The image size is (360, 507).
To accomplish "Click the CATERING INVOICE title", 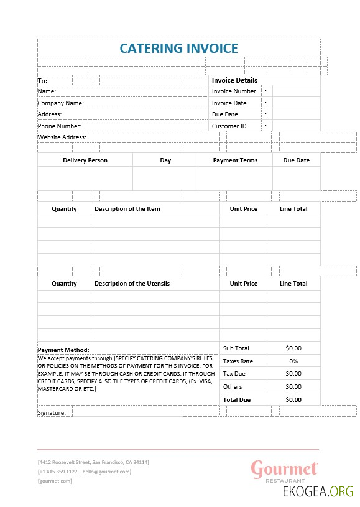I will (x=178, y=48).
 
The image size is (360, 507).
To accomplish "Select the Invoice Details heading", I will (x=234, y=80).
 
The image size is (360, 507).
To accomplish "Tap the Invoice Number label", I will (x=234, y=91).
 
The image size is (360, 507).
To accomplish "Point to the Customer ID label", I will (x=229, y=126).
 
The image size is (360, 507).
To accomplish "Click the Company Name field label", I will (x=61, y=103).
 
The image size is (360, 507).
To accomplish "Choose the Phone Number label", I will (x=60, y=126).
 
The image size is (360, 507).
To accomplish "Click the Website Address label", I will (x=62, y=137).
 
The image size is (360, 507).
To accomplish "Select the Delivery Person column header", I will (x=85, y=160).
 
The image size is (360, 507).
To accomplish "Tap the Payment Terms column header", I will (x=235, y=160).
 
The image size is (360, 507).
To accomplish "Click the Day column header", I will (x=165, y=160).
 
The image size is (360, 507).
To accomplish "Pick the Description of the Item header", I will (x=127, y=209).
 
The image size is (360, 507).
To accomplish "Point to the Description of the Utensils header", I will (x=132, y=284).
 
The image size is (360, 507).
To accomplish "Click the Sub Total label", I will (x=236, y=348).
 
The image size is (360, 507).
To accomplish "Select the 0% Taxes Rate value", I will (x=293, y=361).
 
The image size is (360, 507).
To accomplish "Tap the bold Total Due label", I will (x=237, y=400).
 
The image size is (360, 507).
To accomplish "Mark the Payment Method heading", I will (x=63, y=350).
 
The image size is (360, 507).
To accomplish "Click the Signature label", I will (x=52, y=412).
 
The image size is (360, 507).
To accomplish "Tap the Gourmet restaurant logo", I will (x=284, y=470).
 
